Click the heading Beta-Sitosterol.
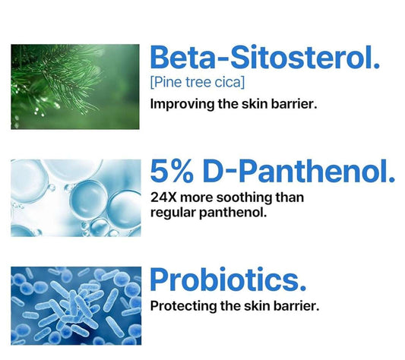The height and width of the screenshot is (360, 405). pyautogui.click(x=264, y=58)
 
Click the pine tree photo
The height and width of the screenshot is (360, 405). pyautogui.click(x=75, y=86)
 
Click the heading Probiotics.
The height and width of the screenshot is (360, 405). pyautogui.click(x=228, y=279)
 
